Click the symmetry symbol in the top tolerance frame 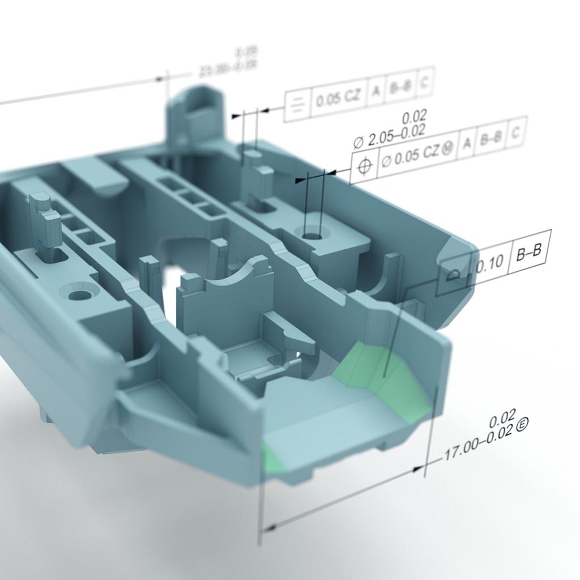[298, 104]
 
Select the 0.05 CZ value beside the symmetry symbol [338, 99]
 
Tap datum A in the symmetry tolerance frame [375, 92]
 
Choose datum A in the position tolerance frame [467, 142]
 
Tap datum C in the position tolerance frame [515, 133]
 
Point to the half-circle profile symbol [453, 275]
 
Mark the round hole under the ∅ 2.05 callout [312, 233]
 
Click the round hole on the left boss [79, 295]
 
